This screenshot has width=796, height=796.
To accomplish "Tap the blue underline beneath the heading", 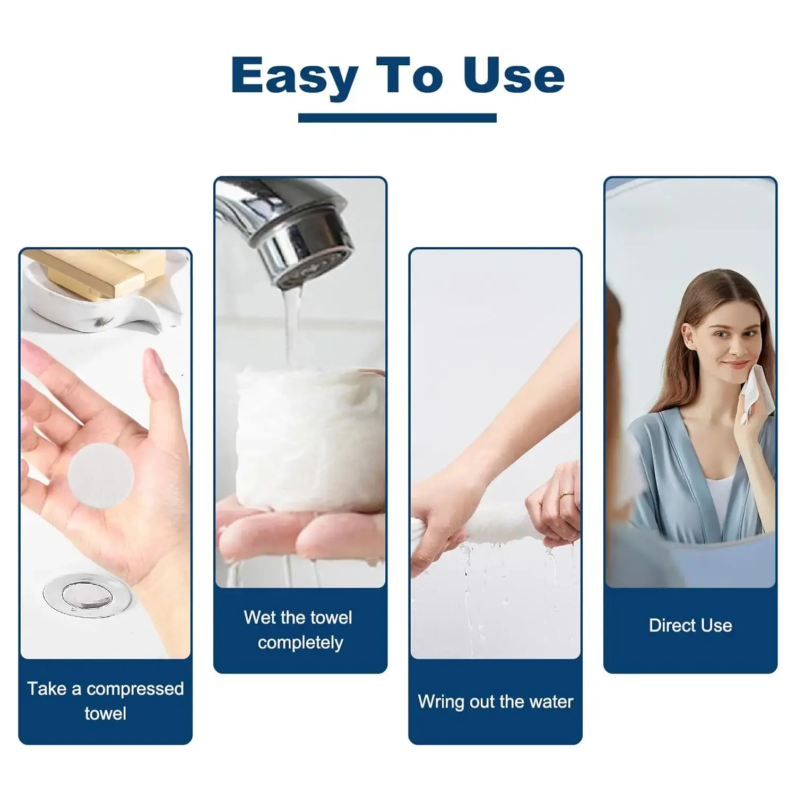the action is coord(397,118).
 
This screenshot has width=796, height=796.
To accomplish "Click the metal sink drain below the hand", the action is coord(87,595).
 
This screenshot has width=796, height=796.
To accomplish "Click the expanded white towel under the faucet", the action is coord(310,440).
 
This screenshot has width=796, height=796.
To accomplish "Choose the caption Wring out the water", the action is coord(496,702).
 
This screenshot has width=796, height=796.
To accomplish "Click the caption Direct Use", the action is coord(690,625).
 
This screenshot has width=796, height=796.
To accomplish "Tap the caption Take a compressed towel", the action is coord(106,700).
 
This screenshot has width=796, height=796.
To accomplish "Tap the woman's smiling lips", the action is coord(736,365).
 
